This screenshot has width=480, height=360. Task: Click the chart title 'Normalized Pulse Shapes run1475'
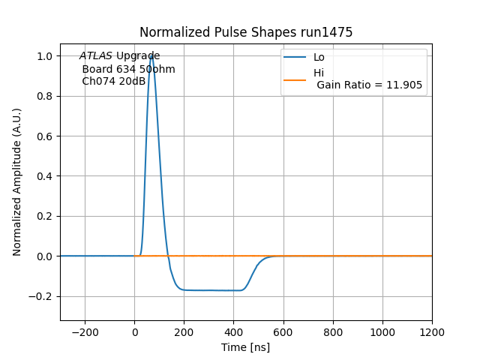coord(246,32)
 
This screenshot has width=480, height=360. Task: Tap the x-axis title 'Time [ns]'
coord(245,347)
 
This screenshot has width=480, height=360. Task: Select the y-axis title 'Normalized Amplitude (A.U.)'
coord(17,181)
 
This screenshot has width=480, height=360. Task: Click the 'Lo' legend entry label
coord(319,57)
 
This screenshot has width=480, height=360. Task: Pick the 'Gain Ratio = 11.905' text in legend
coord(370,85)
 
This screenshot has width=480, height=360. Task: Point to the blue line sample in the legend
coord(295,57)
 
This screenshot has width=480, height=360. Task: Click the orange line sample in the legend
coord(295,79)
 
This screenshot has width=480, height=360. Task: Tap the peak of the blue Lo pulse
coord(151,55)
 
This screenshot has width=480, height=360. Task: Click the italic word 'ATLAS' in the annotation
coord(96,56)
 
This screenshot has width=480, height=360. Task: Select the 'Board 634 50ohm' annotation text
coord(128,69)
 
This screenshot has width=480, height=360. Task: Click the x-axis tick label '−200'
coord(85,331)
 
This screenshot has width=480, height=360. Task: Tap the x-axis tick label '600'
coord(283,331)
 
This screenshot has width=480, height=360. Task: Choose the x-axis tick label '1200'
coord(432,331)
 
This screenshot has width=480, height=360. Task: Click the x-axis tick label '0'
coord(135,331)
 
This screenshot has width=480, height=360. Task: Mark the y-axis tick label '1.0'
coord(44,56)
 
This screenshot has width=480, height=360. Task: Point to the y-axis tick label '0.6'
coord(44,136)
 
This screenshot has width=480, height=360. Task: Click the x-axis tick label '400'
coord(234,331)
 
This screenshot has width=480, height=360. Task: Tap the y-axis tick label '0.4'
coord(44,176)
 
